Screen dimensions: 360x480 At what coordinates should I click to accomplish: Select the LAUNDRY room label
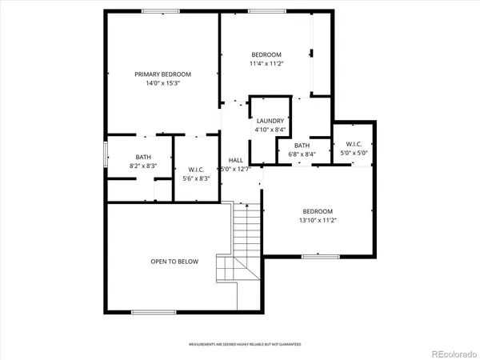coord(270,121)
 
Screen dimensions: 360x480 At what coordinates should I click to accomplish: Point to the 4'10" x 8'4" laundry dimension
coord(270,130)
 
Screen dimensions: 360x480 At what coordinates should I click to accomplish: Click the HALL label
coord(236,160)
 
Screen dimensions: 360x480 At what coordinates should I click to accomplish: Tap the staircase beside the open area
coord(246,240)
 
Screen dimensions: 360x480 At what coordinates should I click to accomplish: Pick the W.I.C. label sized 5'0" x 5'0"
coord(354,145)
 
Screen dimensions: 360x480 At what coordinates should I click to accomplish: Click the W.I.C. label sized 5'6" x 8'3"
coord(196,169)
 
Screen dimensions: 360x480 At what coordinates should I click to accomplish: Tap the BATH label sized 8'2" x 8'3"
coord(143,158)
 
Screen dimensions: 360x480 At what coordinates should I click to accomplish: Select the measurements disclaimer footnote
coord(245,345)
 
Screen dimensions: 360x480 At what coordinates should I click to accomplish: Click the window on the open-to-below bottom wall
coord(154,312)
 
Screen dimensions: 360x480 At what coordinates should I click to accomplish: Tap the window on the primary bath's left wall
coord(106,154)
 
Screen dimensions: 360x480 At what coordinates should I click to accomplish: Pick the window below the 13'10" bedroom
coord(318,256)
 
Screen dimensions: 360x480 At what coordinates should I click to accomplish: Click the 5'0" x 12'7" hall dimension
coord(236,169)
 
